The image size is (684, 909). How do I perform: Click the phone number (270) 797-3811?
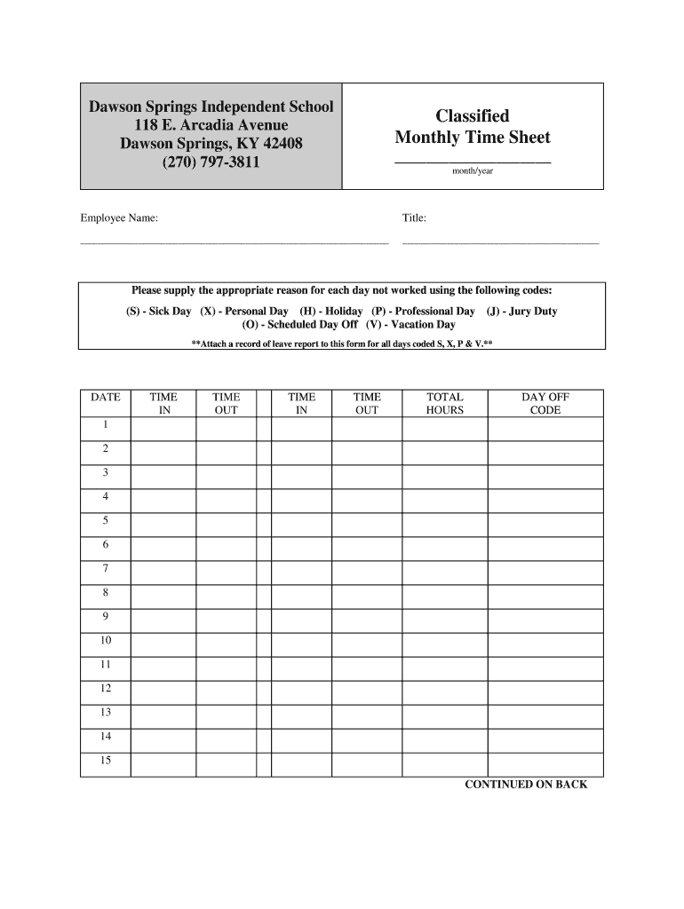(211, 162)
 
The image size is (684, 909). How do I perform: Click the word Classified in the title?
(472, 116)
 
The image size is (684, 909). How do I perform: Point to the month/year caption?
(472, 171)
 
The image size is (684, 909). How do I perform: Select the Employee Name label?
(119, 217)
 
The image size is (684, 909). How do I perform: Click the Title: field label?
(414, 217)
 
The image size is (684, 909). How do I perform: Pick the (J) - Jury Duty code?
(521, 312)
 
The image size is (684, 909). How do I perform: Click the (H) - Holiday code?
(330, 312)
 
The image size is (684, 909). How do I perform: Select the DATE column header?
(106, 398)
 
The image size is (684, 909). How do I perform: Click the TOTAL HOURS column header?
(444, 404)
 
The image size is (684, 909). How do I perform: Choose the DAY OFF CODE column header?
(545, 404)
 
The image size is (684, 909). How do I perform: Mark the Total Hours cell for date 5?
(444, 525)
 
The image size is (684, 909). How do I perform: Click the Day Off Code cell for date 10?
(545, 644)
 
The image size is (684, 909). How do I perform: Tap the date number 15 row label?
(106, 760)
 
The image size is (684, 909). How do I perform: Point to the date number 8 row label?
(106, 592)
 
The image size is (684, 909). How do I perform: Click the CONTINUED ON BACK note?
(526, 785)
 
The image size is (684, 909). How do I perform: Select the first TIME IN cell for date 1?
(163, 429)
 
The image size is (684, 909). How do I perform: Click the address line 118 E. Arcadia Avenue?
(211, 124)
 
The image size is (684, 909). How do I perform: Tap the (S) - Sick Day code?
(158, 312)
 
